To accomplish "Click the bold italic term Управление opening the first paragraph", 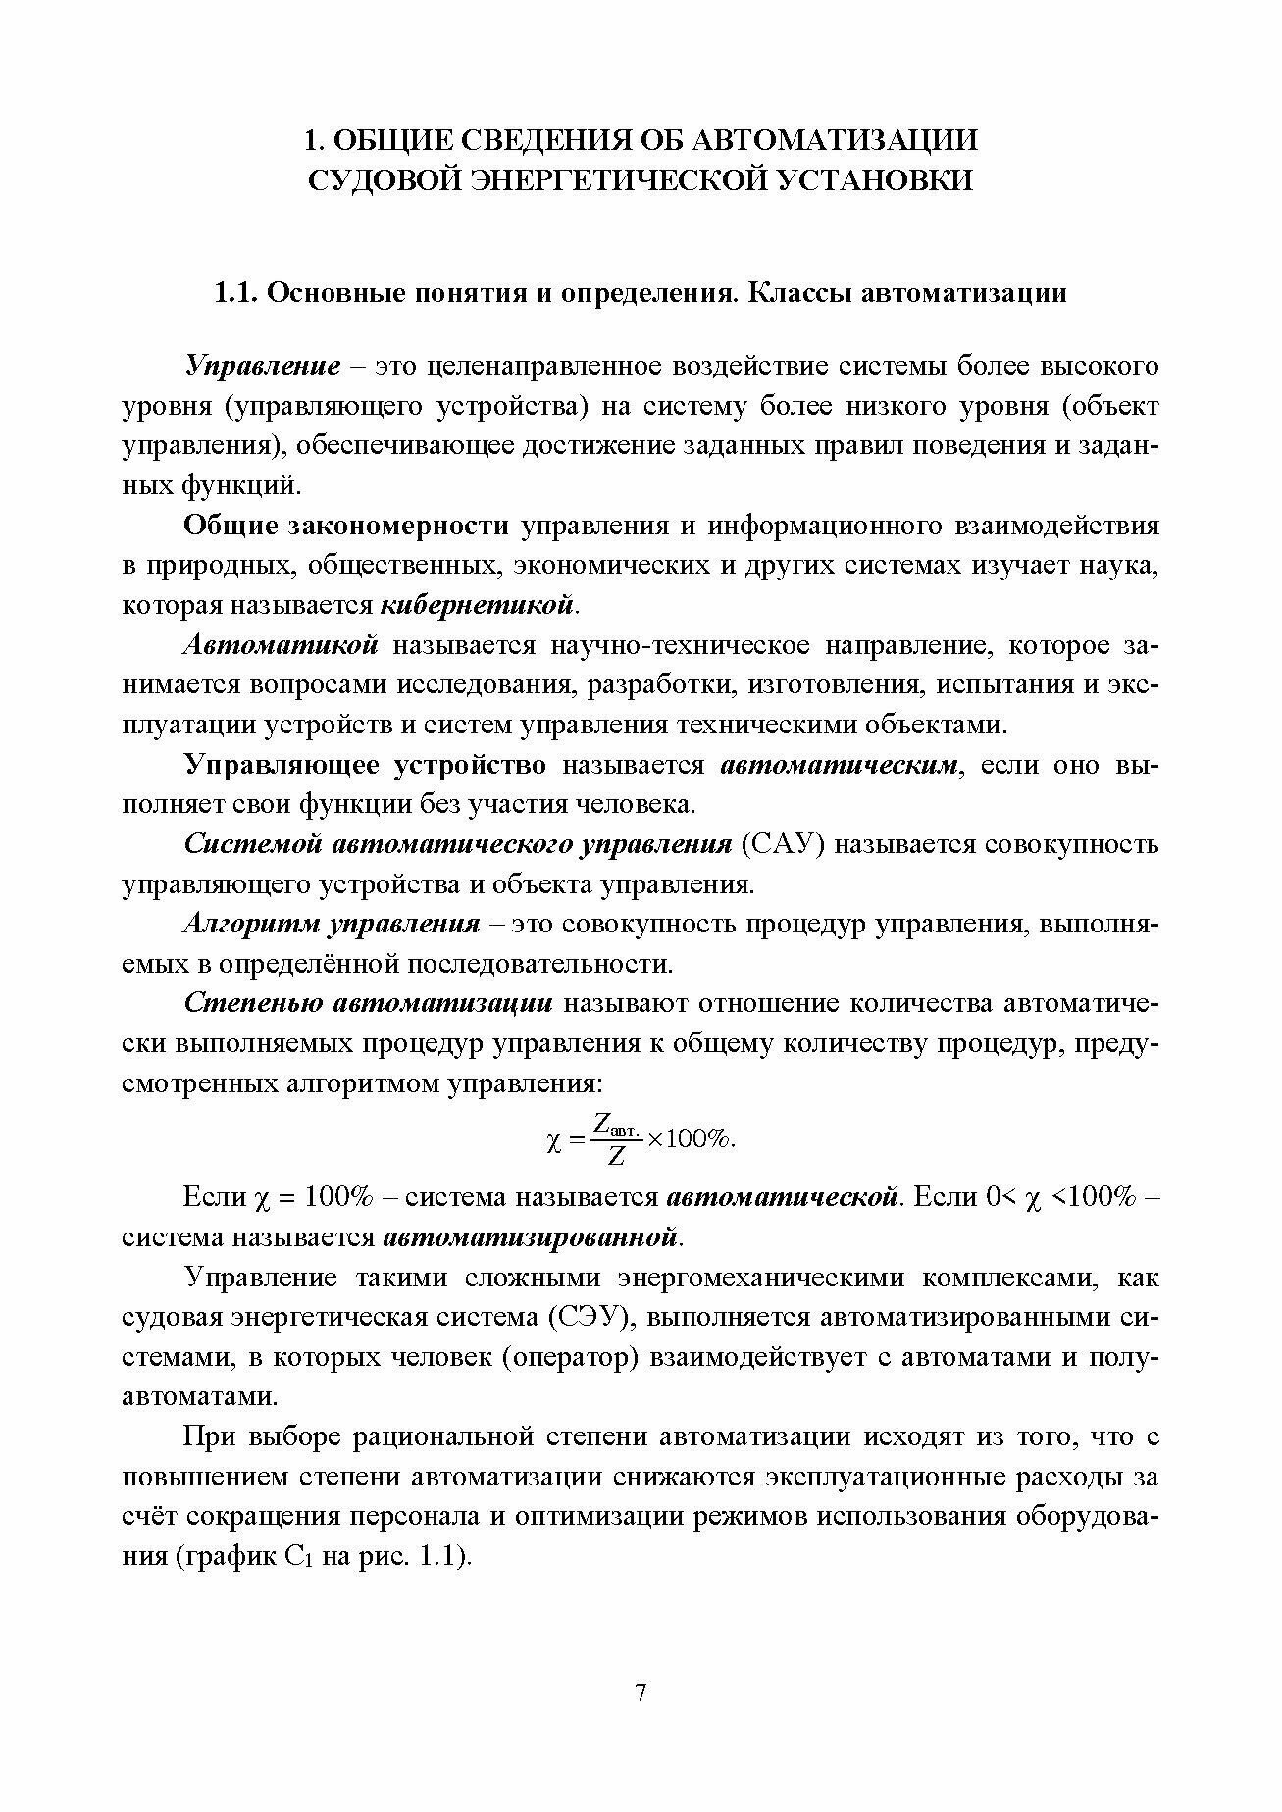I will (x=263, y=367).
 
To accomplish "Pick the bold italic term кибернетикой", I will (x=477, y=605).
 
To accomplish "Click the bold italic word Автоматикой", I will (x=282, y=646).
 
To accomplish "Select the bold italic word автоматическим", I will (x=840, y=765).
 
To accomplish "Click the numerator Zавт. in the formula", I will (x=617, y=1125).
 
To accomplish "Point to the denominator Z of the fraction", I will (x=616, y=1157).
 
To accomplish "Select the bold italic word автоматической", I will (x=783, y=1197).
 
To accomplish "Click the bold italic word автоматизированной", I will (x=530, y=1236).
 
